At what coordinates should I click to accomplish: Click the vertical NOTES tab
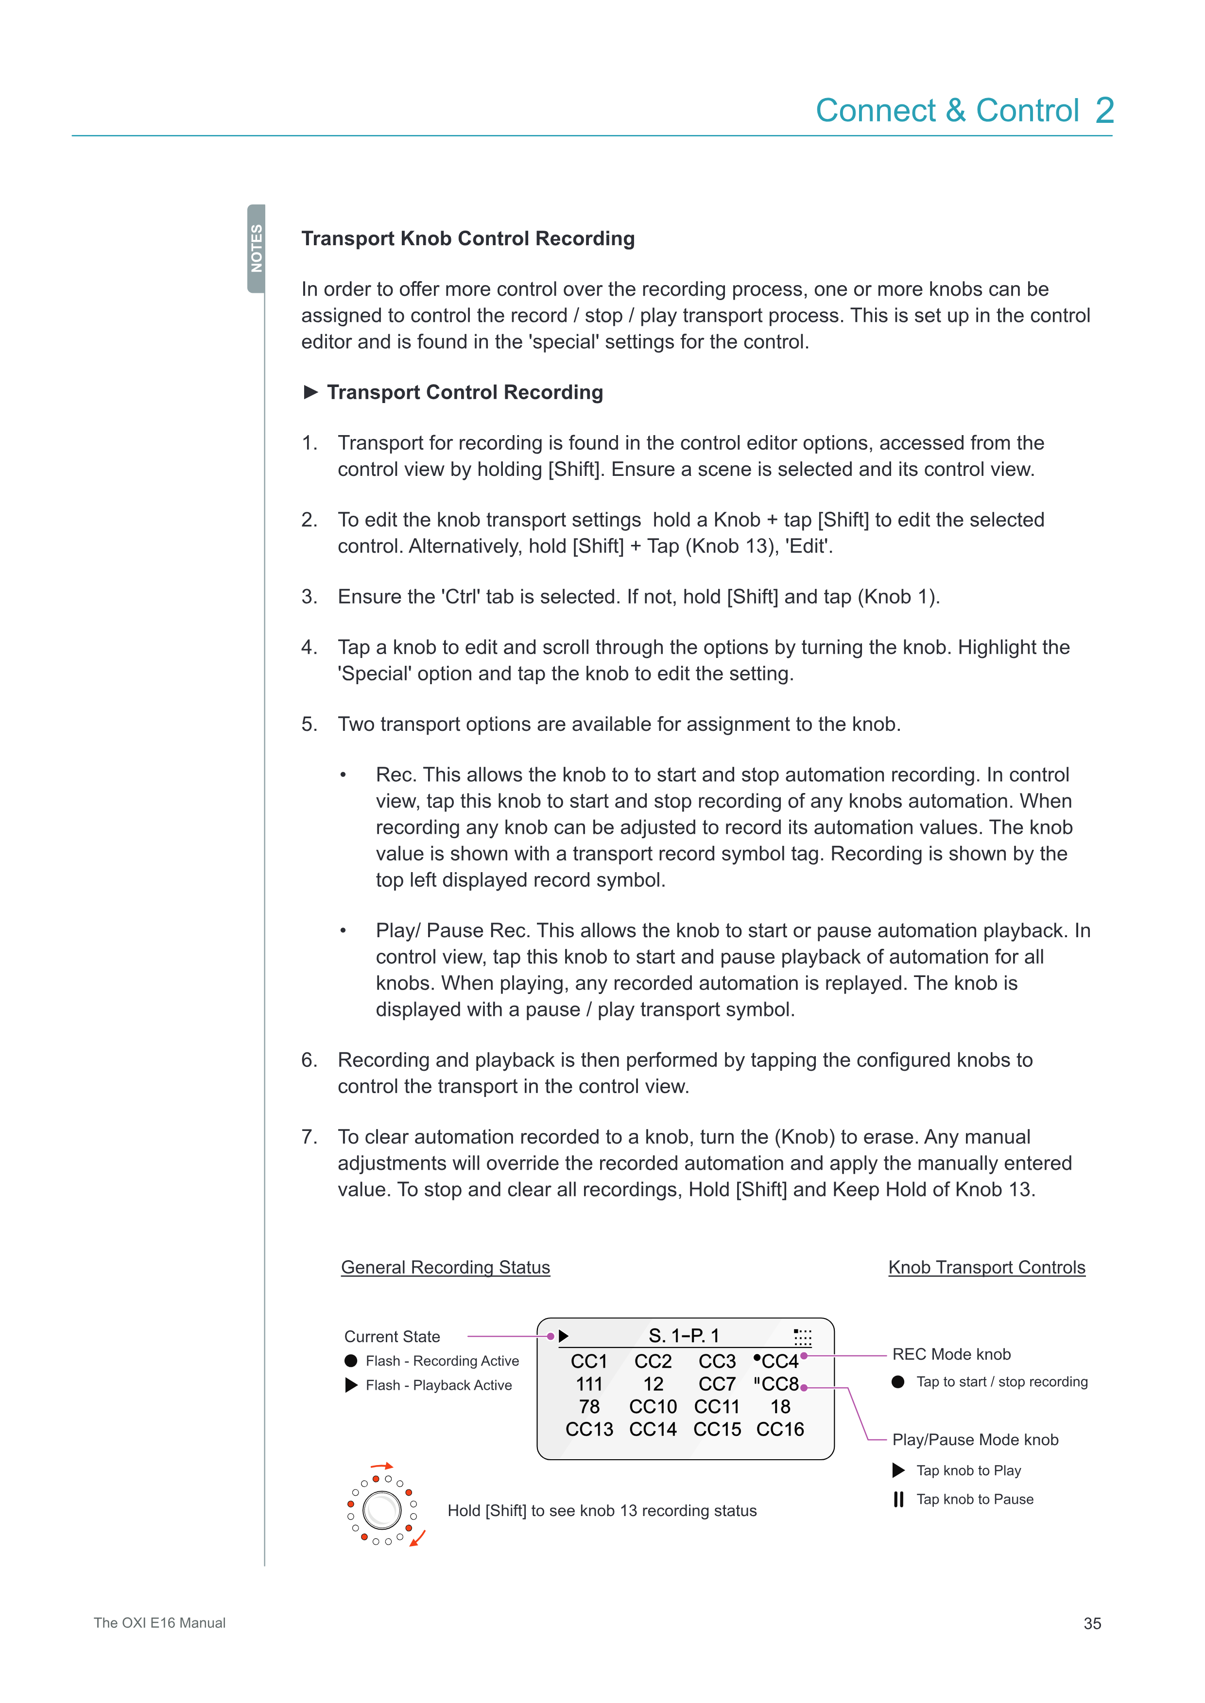click(256, 249)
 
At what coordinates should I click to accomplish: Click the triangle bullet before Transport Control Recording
click(311, 392)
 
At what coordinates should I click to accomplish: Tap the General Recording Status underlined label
click(445, 1267)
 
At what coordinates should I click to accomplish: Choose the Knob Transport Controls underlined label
click(986, 1267)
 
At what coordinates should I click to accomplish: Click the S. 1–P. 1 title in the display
click(683, 1336)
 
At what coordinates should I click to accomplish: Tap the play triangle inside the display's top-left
click(564, 1336)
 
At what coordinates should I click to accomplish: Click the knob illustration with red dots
click(382, 1510)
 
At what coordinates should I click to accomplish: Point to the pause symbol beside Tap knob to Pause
click(898, 1499)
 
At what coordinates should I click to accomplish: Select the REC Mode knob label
click(951, 1354)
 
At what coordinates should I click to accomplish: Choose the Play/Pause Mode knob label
click(975, 1440)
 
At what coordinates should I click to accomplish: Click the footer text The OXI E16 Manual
click(159, 1623)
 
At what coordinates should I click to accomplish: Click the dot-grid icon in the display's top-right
click(802, 1336)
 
